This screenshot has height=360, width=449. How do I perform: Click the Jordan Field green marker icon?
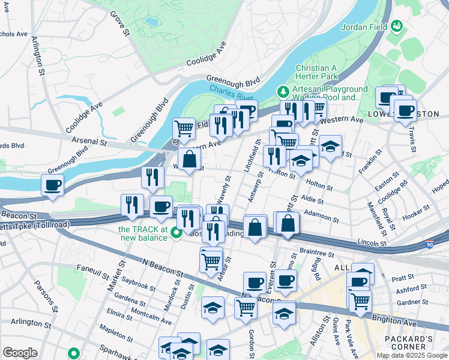(x=396, y=26)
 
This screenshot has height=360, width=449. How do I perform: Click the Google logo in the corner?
(x=20, y=353)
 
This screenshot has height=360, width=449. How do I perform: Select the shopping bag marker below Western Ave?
(x=189, y=160)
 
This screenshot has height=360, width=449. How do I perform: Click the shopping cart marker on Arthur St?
(x=211, y=262)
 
